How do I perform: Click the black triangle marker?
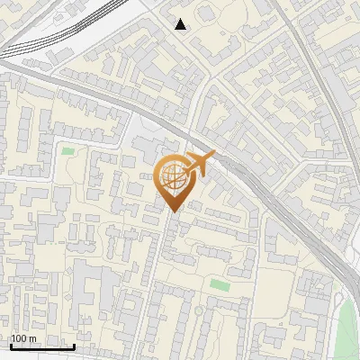coord(181,24)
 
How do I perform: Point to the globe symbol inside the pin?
coord(173,176)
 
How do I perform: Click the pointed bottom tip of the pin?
coord(175,211)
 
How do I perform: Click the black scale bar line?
coord(41,346)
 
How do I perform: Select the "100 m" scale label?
coord(23,339)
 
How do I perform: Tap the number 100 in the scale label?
coord(19,339)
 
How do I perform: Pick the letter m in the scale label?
coord(32,339)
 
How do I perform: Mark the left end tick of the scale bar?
coord(11,345)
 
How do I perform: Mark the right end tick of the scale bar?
coord(73,345)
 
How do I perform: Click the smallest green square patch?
coord(67,151)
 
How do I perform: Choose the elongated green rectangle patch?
coord(220,284)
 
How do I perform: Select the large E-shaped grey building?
coord(86,288)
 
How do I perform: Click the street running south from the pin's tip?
coord(160,270)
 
